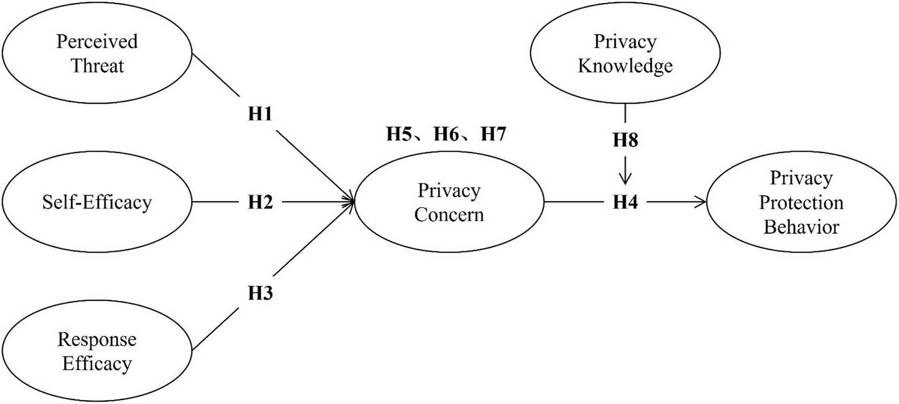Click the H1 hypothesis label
pyautogui.click(x=260, y=115)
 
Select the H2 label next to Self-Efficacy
pyautogui.click(x=260, y=202)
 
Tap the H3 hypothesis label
pyautogui.click(x=260, y=293)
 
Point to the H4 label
pyautogui.click(x=625, y=202)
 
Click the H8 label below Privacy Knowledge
pyautogui.click(x=625, y=140)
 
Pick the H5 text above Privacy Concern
pyautogui.click(x=399, y=134)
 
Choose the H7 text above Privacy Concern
pyautogui.click(x=493, y=134)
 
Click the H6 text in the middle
pyautogui.click(x=446, y=134)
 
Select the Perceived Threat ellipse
pyautogui.click(x=97, y=53)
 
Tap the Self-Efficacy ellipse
pyautogui.click(x=97, y=202)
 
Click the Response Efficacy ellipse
pyautogui.click(x=97, y=351)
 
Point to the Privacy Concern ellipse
pyautogui.click(x=449, y=202)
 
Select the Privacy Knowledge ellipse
pyautogui.click(x=625, y=53)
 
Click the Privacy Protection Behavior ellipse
pyautogui.click(x=801, y=202)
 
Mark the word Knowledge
pyautogui.click(x=625, y=66)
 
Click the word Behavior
pyautogui.click(x=801, y=227)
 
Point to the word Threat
pyautogui.click(x=97, y=66)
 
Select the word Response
pyautogui.click(x=97, y=339)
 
